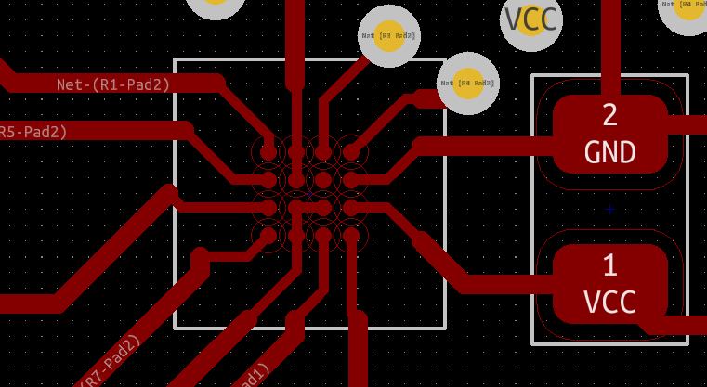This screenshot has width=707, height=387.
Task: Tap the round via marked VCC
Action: [531, 19]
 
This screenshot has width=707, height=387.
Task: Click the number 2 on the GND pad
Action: [609, 115]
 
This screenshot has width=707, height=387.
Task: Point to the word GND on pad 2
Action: [609, 151]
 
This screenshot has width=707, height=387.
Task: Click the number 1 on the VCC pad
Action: [609, 266]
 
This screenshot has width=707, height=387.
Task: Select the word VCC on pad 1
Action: [609, 302]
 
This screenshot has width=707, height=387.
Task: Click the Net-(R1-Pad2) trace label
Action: [113, 84]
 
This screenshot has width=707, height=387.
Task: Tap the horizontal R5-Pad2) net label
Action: [33, 132]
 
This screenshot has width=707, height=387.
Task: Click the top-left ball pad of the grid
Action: [268, 150]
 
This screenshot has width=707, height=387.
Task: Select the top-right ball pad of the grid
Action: [351, 150]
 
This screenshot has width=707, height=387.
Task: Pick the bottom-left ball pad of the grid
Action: [268, 235]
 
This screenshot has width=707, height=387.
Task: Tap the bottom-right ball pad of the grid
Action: [351, 235]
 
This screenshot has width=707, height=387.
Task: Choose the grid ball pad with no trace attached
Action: [323, 179]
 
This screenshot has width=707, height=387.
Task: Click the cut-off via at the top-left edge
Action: [216, 6]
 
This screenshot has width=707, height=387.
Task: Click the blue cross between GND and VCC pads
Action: [609, 210]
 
